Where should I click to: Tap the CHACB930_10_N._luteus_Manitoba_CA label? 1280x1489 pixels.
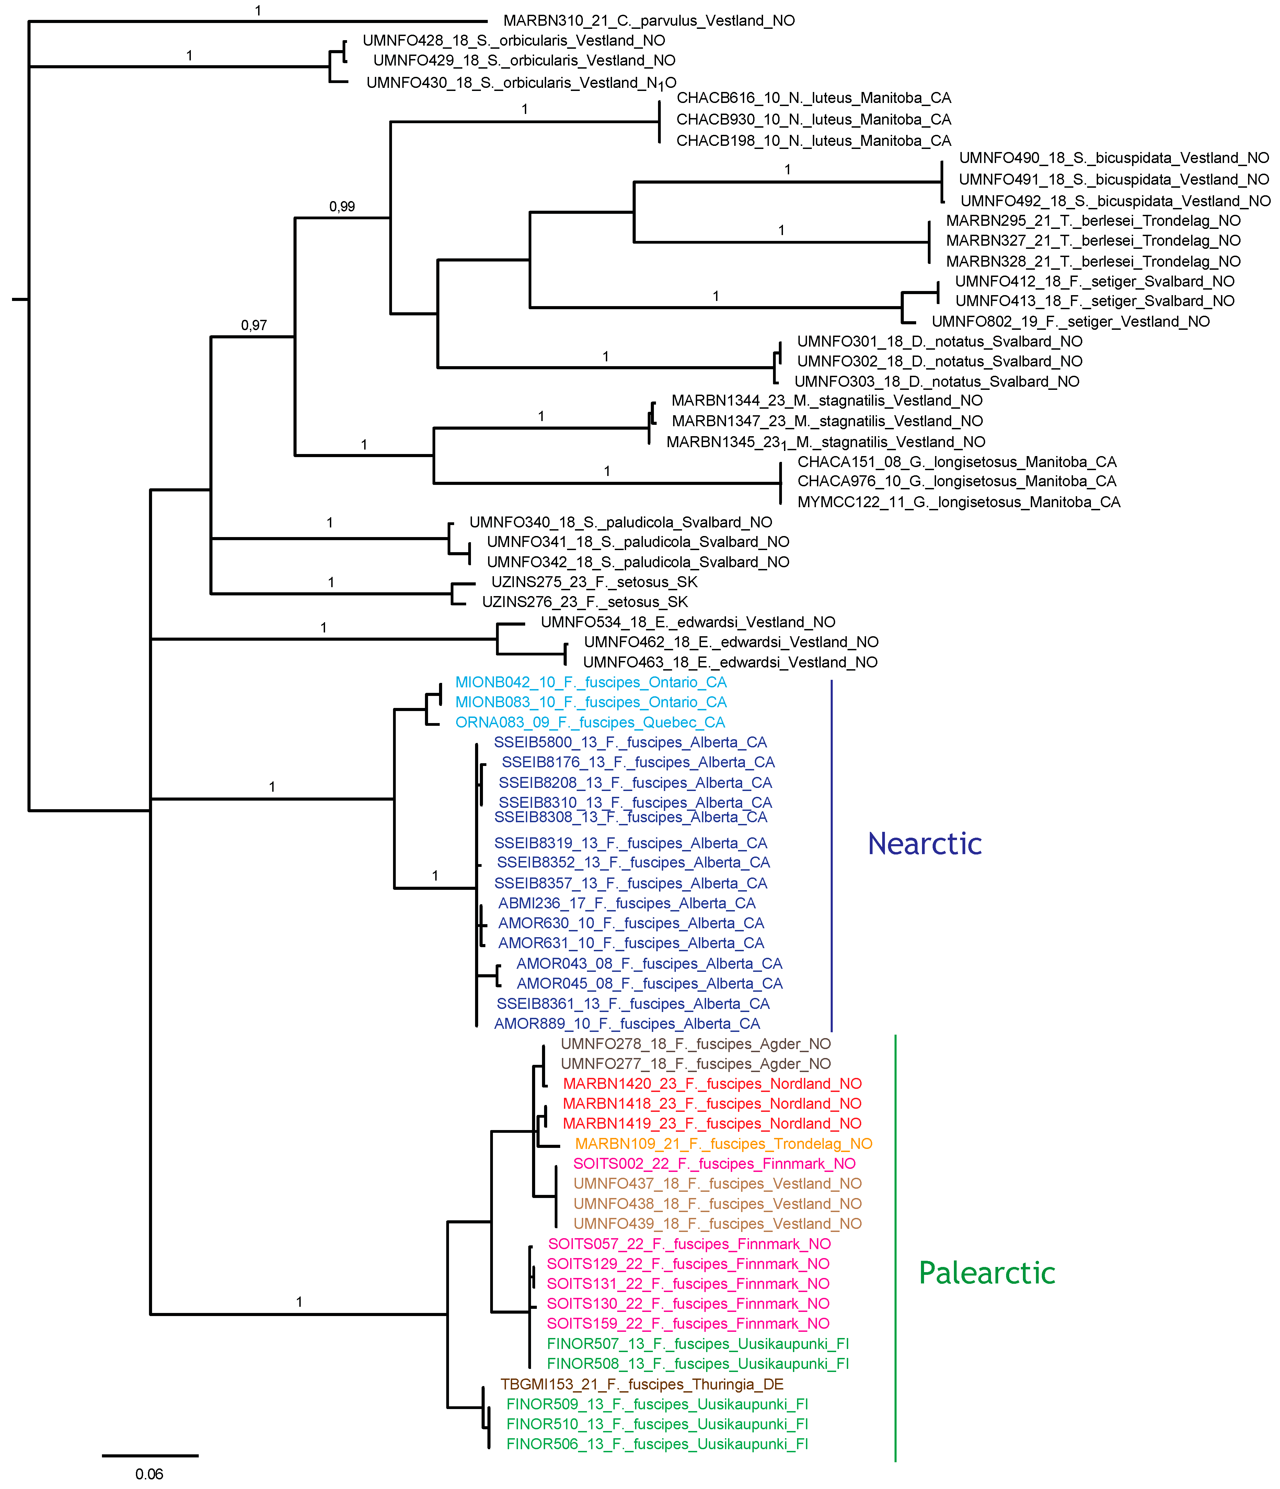click(814, 119)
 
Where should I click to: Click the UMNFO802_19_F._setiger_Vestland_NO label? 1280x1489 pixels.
click(1070, 321)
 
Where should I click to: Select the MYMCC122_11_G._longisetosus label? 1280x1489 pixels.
click(959, 502)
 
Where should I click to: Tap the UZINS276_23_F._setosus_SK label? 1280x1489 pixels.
click(584, 602)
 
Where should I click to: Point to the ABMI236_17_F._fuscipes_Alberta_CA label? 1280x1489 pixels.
click(627, 903)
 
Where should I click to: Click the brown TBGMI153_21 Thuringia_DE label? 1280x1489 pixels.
click(642, 1384)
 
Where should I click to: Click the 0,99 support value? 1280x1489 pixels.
click(342, 207)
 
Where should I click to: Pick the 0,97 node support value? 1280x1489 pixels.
click(254, 326)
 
